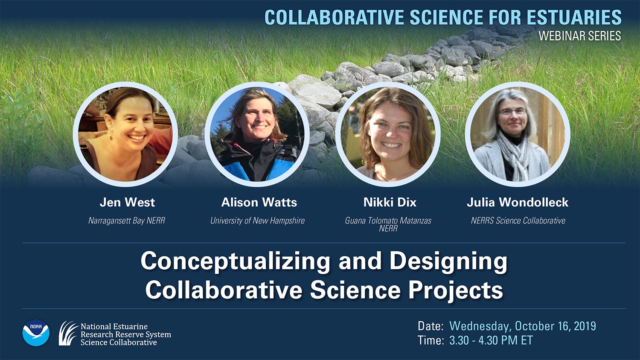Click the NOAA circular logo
click(36, 333)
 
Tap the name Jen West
click(127, 202)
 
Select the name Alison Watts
click(259, 202)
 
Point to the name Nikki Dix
click(390, 202)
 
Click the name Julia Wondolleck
click(517, 202)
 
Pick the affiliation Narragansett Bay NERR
click(127, 221)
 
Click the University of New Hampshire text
click(257, 221)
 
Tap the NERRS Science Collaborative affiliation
click(518, 221)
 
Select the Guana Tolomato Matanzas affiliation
click(388, 221)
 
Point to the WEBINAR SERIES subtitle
click(579, 36)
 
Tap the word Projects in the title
click(456, 290)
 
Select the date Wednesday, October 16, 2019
click(523, 326)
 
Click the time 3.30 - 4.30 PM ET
click(491, 340)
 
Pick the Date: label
click(431, 326)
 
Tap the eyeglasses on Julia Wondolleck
click(512, 112)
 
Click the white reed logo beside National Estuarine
click(68, 333)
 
